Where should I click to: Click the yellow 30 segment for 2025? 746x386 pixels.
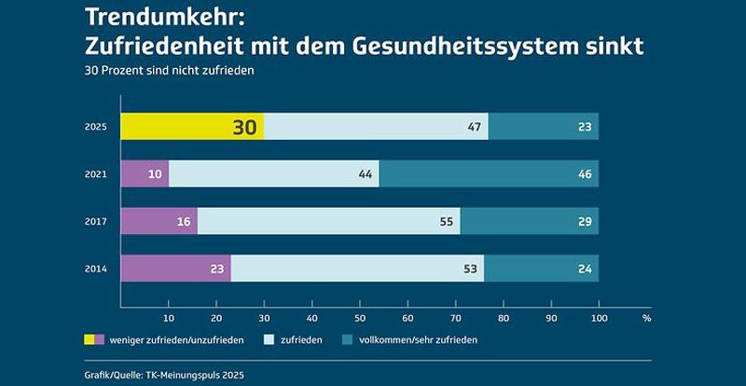point(192,127)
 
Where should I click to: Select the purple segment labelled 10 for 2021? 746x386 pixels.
point(145,173)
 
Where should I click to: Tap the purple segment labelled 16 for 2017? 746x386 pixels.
point(159,221)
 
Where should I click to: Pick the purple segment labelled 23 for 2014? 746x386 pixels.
point(175,269)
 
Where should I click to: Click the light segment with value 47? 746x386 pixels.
point(376,127)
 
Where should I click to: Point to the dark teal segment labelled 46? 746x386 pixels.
point(489,173)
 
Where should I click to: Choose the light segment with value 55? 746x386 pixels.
point(328,221)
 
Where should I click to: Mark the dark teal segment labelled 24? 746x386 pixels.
point(541,269)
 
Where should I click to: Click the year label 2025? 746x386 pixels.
point(96,127)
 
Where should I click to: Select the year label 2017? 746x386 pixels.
point(96,222)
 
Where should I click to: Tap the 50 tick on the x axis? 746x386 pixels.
point(360,318)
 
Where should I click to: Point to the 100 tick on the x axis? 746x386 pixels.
point(599,318)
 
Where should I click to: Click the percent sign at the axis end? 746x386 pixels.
point(646,318)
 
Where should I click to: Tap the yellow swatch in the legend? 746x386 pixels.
point(93,340)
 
